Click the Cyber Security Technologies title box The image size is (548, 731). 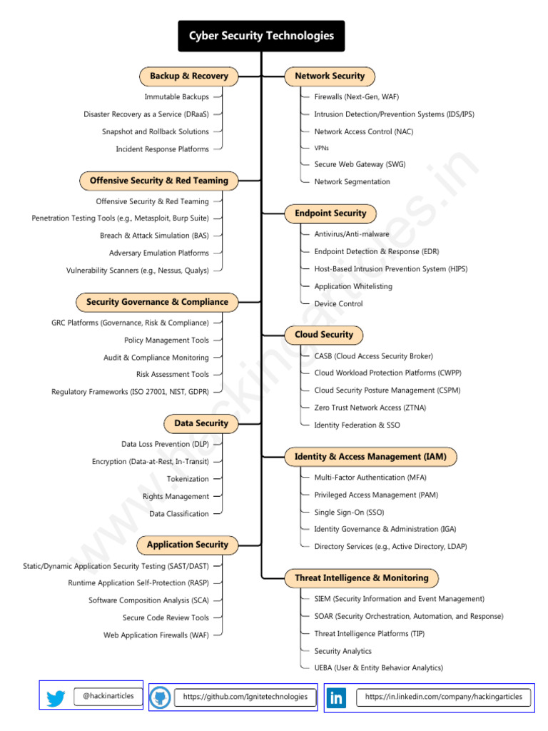click(x=261, y=36)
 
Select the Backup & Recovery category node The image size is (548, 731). click(x=188, y=76)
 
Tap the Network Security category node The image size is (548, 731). click(x=330, y=76)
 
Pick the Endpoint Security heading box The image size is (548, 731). click(x=330, y=213)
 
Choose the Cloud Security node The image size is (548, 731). click(x=324, y=335)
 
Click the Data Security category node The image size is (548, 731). click(x=201, y=423)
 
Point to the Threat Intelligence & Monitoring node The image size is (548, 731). click(x=362, y=578)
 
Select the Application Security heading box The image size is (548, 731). click(x=188, y=545)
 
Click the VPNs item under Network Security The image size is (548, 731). click(x=322, y=148)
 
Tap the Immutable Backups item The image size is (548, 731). click(x=177, y=96)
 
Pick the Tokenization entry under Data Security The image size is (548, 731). click(x=188, y=479)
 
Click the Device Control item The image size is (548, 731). click(x=338, y=303)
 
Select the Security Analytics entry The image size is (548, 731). click(x=343, y=651)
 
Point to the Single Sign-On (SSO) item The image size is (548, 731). click(x=349, y=513)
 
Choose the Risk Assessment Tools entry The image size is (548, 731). click(x=173, y=374)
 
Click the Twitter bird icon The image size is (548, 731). click(x=56, y=698)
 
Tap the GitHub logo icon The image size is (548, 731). click(x=160, y=697)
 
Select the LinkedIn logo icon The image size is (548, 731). click(x=336, y=698)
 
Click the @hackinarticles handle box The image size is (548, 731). click(x=108, y=696)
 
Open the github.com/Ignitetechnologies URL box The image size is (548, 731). click(x=245, y=697)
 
